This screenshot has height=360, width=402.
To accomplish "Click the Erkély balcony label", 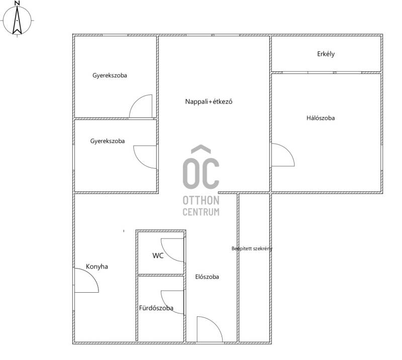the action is (x=326, y=54).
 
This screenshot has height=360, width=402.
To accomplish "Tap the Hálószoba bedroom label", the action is (x=321, y=118).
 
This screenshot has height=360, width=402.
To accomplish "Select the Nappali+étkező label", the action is (x=209, y=102).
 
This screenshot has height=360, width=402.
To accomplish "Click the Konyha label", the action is (x=96, y=267).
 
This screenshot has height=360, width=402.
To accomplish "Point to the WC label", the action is (x=158, y=256).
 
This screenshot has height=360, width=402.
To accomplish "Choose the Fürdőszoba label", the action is (x=156, y=308).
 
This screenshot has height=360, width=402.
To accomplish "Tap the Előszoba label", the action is (x=207, y=277).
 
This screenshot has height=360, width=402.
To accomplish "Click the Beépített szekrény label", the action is (x=252, y=249).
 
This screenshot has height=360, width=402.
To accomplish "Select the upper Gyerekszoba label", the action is (x=110, y=75).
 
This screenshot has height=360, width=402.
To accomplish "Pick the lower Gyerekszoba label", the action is (x=108, y=141).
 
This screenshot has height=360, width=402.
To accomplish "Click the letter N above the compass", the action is (x=17, y=3).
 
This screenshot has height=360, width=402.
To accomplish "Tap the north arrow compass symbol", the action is (x=17, y=21).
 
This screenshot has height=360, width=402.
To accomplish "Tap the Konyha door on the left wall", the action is (x=91, y=276).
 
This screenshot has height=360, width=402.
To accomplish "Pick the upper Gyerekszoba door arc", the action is (x=136, y=101).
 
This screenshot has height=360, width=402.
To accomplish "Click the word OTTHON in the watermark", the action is (x=201, y=200).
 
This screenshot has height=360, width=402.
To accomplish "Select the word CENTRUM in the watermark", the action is (x=201, y=212).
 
